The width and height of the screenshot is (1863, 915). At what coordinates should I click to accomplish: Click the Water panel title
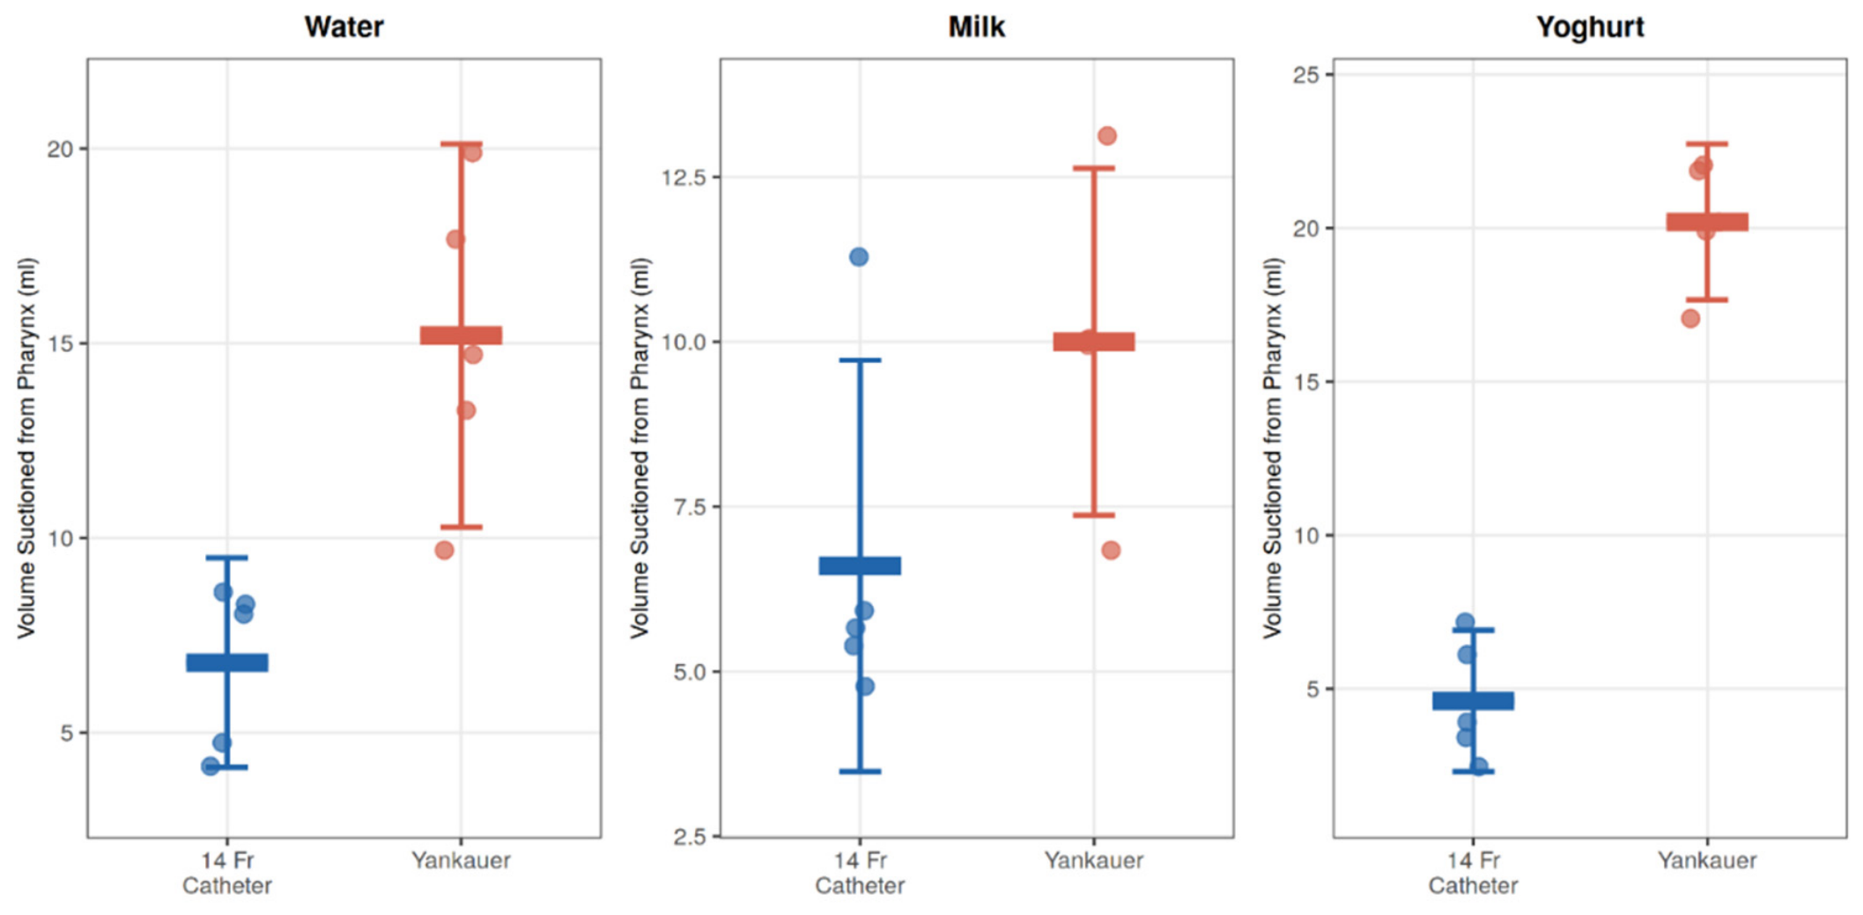[x=344, y=26]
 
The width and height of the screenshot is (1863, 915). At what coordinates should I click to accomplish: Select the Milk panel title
[x=976, y=26]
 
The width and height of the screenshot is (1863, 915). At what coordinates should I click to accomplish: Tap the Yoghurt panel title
[x=1590, y=26]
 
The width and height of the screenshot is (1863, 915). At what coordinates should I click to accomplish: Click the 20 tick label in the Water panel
[x=60, y=149]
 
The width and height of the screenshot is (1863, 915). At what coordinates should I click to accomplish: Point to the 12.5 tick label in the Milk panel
[x=684, y=177]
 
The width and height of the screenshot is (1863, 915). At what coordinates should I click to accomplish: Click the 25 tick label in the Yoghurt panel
[x=1306, y=75]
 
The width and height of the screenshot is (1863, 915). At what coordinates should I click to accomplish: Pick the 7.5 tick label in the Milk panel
[x=691, y=506]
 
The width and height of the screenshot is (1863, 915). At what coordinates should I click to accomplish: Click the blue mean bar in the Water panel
[x=227, y=662]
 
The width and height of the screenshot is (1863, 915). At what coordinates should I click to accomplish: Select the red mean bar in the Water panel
[x=461, y=335]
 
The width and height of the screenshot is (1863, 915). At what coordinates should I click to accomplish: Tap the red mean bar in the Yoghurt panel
[x=1707, y=222]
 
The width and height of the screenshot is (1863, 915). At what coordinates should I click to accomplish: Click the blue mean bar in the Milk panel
[x=860, y=565]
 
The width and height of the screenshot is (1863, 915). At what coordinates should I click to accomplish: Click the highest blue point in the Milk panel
[x=859, y=257]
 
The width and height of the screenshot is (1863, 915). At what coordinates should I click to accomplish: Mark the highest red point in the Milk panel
[x=1107, y=136]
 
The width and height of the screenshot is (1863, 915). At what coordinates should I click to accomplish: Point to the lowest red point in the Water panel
[x=444, y=550]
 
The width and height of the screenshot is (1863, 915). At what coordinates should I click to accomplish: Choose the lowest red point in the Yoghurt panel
[x=1690, y=319]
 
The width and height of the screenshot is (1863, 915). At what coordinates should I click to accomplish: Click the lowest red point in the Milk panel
[x=1111, y=550]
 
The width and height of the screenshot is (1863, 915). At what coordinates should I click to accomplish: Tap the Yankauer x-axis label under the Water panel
[x=461, y=860]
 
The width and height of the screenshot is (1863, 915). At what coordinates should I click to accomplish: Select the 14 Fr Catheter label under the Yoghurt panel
[x=1473, y=873]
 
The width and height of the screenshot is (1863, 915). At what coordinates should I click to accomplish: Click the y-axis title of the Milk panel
[x=639, y=448]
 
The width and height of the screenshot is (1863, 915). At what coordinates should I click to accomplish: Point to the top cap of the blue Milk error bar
[x=860, y=360]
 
